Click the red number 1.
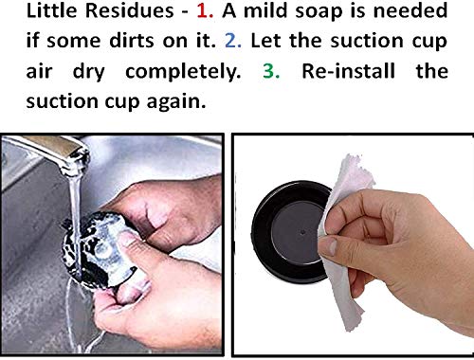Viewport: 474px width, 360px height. click(x=205, y=10)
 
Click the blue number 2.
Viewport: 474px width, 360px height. click(x=233, y=41)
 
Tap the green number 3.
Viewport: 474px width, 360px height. click(x=271, y=71)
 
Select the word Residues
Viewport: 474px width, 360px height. click(x=130, y=10)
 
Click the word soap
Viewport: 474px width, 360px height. click(x=319, y=11)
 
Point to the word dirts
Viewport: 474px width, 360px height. click(x=133, y=41)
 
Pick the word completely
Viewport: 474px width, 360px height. click(x=183, y=72)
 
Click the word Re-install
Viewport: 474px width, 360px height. click(x=349, y=71)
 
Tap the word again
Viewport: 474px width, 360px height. click(x=176, y=102)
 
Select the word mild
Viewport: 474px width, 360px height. click(x=264, y=10)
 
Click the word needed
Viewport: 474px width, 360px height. click(x=410, y=10)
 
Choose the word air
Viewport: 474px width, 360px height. click(x=39, y=71)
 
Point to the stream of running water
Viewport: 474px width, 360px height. click(x=75, y=221)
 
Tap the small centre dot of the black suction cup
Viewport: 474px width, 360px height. click(x=303, y=232)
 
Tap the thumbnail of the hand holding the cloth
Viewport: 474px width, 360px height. click(x=330, y=247)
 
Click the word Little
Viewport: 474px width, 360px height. click(x=52, y=10)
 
